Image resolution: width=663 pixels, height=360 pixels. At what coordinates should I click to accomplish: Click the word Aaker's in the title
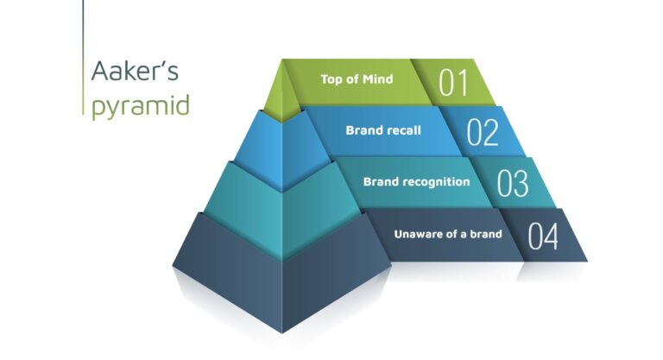pos(135,72)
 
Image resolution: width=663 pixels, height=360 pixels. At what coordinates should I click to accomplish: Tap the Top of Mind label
pos(357,79)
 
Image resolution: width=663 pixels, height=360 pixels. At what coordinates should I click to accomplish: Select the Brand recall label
pos(383,131)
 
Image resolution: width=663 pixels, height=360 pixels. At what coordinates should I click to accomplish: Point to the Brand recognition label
pos(416,182)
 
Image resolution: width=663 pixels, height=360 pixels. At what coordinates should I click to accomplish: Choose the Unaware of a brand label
pos(448,233)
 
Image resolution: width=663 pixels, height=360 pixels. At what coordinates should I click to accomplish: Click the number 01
pos(453,83)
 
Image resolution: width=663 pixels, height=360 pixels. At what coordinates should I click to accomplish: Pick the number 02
pos(483,134)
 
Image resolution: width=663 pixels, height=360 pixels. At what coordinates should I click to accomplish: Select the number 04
pos(543,236)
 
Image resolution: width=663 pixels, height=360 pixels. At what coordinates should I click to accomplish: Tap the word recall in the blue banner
pos(402,131)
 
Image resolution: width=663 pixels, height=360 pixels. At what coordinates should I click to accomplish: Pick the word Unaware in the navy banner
pos(417,233)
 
